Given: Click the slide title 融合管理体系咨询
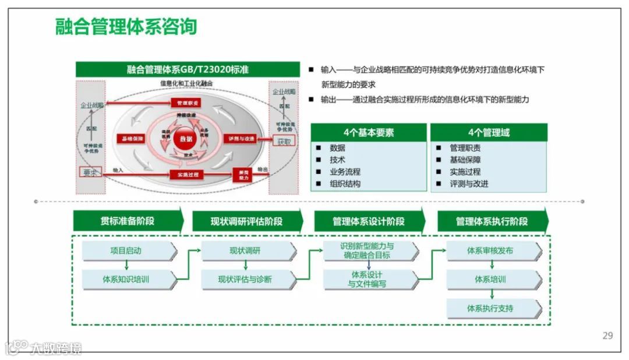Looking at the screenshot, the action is point(126,27).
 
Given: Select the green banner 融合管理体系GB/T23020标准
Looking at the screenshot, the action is point(188,69).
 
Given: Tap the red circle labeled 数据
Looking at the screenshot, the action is point(186,139).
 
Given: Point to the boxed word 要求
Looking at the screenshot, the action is point(90,172).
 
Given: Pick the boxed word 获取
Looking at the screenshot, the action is point(285,141).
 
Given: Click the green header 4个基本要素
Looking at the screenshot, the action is point(369,132).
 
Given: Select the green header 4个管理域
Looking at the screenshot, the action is point(489,132).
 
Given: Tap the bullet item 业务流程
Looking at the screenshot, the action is point(345,172).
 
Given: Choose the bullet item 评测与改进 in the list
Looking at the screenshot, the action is point(469,183).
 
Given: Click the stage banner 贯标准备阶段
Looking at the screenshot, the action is point(128,221).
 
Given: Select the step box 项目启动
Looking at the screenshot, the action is point(126,251).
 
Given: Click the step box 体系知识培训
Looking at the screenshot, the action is point(126,279).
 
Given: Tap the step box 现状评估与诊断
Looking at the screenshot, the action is point(246,279).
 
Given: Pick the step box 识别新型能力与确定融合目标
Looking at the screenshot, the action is point(368,250).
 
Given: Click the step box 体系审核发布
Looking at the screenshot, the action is point(490,251).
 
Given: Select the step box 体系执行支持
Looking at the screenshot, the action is point(490,308).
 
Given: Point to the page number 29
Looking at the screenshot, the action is point(607,336).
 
